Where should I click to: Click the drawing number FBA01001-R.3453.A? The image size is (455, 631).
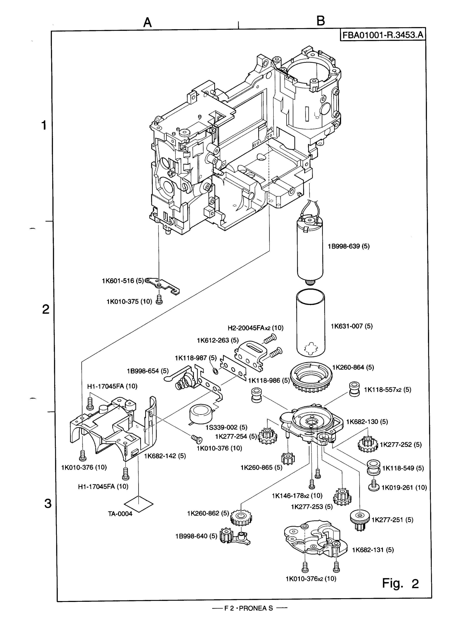pos(383,35)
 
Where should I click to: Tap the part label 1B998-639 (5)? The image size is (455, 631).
pos(348,246)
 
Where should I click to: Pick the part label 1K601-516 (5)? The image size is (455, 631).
pos(123,281)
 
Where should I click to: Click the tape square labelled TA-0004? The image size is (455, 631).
pos(139,503)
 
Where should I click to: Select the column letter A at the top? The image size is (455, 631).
pos(147,23)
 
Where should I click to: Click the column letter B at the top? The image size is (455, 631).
pos(321,21)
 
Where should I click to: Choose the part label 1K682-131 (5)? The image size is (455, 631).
pos(373,550)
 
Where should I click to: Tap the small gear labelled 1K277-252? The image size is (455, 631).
pos(368,444)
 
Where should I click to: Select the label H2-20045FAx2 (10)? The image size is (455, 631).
pos(255,328)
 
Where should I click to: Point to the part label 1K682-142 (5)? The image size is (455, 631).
pos(165,456)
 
